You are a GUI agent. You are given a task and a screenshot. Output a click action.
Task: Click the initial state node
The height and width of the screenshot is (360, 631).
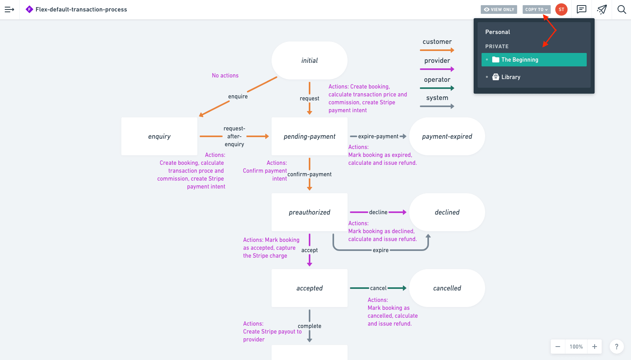pos(309,60)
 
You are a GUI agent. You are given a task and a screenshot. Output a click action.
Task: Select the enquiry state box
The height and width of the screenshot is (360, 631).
pos(159,136)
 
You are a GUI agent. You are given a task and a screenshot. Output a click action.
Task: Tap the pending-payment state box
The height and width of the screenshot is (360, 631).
pos(309,136)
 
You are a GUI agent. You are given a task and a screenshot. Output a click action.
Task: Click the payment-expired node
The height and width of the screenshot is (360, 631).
pos(447,136)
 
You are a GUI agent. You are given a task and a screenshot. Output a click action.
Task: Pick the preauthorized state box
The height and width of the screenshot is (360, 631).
pos(309,212)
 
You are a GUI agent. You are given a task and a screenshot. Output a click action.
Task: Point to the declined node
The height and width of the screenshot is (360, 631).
pos(447,212)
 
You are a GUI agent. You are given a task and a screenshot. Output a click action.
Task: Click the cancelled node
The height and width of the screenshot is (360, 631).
pos(447,288)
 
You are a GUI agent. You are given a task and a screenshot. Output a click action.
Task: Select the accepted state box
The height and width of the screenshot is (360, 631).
pos(309,288)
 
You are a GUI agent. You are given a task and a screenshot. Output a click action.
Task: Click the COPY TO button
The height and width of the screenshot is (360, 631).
pos(536,9)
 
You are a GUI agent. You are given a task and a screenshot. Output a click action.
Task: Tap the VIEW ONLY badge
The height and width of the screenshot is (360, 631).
pos(499,9)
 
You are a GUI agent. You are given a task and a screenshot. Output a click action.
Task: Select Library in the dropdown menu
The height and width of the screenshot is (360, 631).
pos(510,77)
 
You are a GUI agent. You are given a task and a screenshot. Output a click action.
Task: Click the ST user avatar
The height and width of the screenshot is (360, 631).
pos(561,9)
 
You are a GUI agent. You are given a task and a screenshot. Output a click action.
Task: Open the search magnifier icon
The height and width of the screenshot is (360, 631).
pos(622,9)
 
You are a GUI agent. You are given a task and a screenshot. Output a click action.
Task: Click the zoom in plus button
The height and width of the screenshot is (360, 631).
pos(595,347)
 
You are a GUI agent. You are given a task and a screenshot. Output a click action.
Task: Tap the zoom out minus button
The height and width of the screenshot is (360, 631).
pos(558,347)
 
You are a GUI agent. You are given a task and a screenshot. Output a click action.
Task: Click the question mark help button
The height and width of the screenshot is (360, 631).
pos(616,347)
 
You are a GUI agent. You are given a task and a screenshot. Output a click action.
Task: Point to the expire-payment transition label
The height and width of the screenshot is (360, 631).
pos(378,136)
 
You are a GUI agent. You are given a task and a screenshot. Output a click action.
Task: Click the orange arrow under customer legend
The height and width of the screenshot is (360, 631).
pos(437,50)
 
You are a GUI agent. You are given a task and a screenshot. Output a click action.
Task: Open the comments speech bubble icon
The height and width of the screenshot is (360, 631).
pos(581,9)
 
